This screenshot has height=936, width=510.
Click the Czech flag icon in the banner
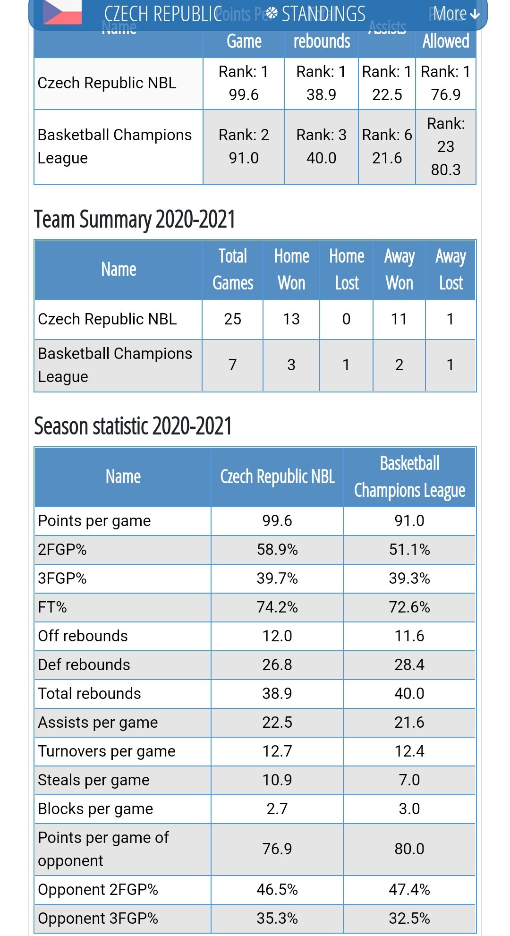point(62,12)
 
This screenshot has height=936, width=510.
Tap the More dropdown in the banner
point(456,14)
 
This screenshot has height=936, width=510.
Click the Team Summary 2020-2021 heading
point(135,220)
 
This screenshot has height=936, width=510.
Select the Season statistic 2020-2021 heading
point(133,426)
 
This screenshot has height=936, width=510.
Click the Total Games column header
point(233,270)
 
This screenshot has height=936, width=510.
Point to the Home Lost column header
point(347,270)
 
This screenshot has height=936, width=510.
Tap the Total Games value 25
point(233,319)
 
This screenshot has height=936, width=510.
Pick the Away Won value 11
point(399,319)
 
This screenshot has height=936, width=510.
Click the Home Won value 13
point(291,319)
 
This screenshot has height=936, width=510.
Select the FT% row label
point(52,607)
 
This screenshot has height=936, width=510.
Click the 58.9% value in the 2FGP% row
point(277,550)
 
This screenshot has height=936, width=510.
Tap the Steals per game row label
point(93,780)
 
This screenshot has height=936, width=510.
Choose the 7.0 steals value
point(409,780)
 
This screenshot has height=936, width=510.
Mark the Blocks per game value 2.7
point(277,809)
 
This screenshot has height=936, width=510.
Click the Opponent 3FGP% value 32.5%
point(409,919)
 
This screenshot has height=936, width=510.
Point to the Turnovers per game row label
point(107,751)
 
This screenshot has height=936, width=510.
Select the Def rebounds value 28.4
point(409,665)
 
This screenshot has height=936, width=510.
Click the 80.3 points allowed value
point(446,170)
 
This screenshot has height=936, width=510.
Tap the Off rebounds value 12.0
point(277,636)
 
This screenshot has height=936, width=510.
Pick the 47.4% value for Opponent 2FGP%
point(409,890)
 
